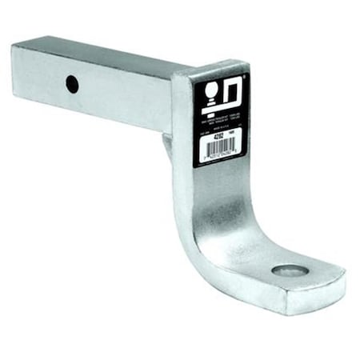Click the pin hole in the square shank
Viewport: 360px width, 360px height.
72,83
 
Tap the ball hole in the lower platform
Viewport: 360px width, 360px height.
290,270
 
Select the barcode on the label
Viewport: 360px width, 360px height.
218,150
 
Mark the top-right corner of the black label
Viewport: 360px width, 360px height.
248,74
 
